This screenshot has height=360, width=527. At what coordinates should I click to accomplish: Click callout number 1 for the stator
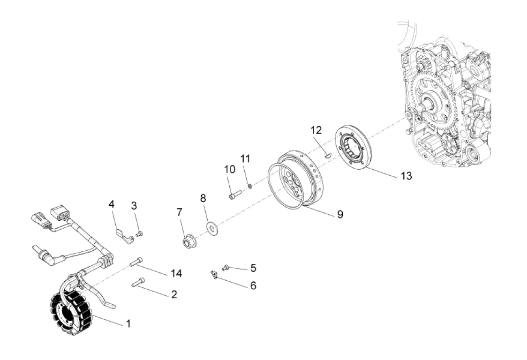[128, 324]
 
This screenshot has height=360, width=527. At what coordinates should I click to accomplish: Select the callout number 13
[406, 175]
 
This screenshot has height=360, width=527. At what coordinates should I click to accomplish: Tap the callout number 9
[340, 214]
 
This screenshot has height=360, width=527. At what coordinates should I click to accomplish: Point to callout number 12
[316, 130]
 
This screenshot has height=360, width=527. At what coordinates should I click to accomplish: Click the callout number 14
[176, 274]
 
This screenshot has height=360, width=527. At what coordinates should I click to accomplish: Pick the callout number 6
[253, 286]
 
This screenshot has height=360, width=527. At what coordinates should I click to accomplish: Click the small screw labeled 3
[139, 234]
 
